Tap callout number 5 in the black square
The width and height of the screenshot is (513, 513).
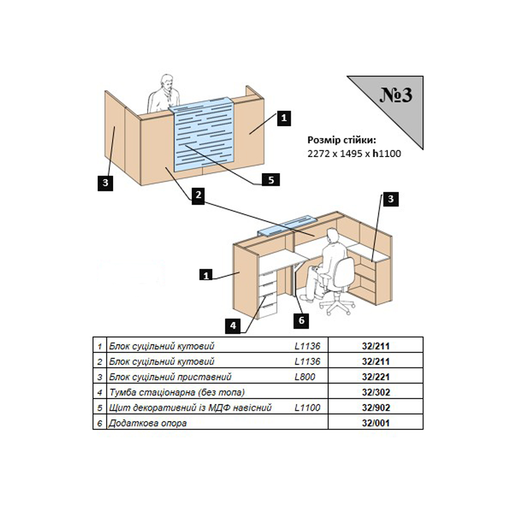tap(271, 180)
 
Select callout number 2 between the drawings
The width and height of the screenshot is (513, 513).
tap(198, 195)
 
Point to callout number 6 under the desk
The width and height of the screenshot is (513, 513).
tap(301, 320)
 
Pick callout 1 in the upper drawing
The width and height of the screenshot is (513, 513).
tap(284, 118)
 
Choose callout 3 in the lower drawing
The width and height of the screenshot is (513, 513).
tap(390, 199)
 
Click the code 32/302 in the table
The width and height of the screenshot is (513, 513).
tap(375, 392)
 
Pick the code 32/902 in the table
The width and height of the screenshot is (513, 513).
tap(375, 408)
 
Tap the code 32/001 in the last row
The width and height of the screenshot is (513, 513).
tap(375, 423)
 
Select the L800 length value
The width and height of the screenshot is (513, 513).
tap(305, 377)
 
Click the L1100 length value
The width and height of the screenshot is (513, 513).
tap(307, 408)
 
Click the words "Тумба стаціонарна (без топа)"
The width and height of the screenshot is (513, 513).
tap(177, 392)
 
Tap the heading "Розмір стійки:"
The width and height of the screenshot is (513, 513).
tap(342, 140)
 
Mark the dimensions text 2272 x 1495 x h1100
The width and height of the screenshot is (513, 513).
tap(354, 153)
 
